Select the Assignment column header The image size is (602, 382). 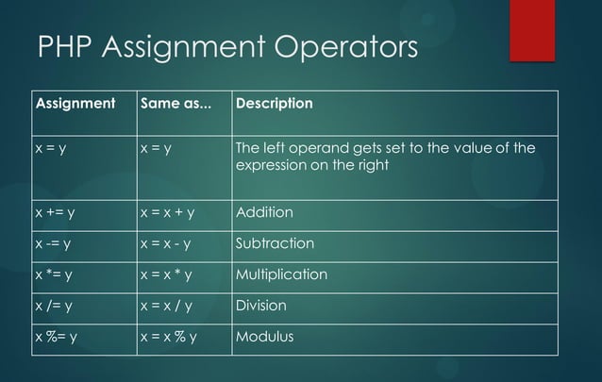tap(75, 102)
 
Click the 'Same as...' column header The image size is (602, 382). tap(176, 102)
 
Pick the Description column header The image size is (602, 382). tap(274, 102)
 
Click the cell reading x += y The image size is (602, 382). tap(56, 212)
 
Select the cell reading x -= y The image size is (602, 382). tap(55, 243)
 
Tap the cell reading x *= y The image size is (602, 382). tap(55, 274)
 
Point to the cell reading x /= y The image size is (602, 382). tap(55, 306)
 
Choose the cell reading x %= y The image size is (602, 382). tap(57, 337)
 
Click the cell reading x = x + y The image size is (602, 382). tap(174, 212)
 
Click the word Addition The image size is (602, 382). tap(264, 212)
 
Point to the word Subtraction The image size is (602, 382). tap(275, 243)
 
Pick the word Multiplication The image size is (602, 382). tap(281, 274)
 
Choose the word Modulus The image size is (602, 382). tap(264, 337)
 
